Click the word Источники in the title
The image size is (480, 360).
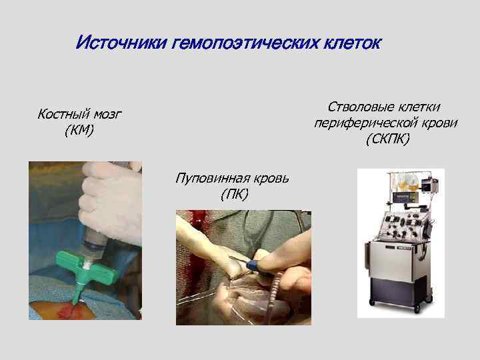pyautogui.click(x=120, y=44)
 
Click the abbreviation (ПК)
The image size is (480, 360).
pyautogui.click(x=233, y=194)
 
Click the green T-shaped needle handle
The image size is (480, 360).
pyautogui.click(x=84, y=264)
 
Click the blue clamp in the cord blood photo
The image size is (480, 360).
pyautogui.click(x=254, y=267)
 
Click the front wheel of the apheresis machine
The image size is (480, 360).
pyautogui.click(x=417, y=308)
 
